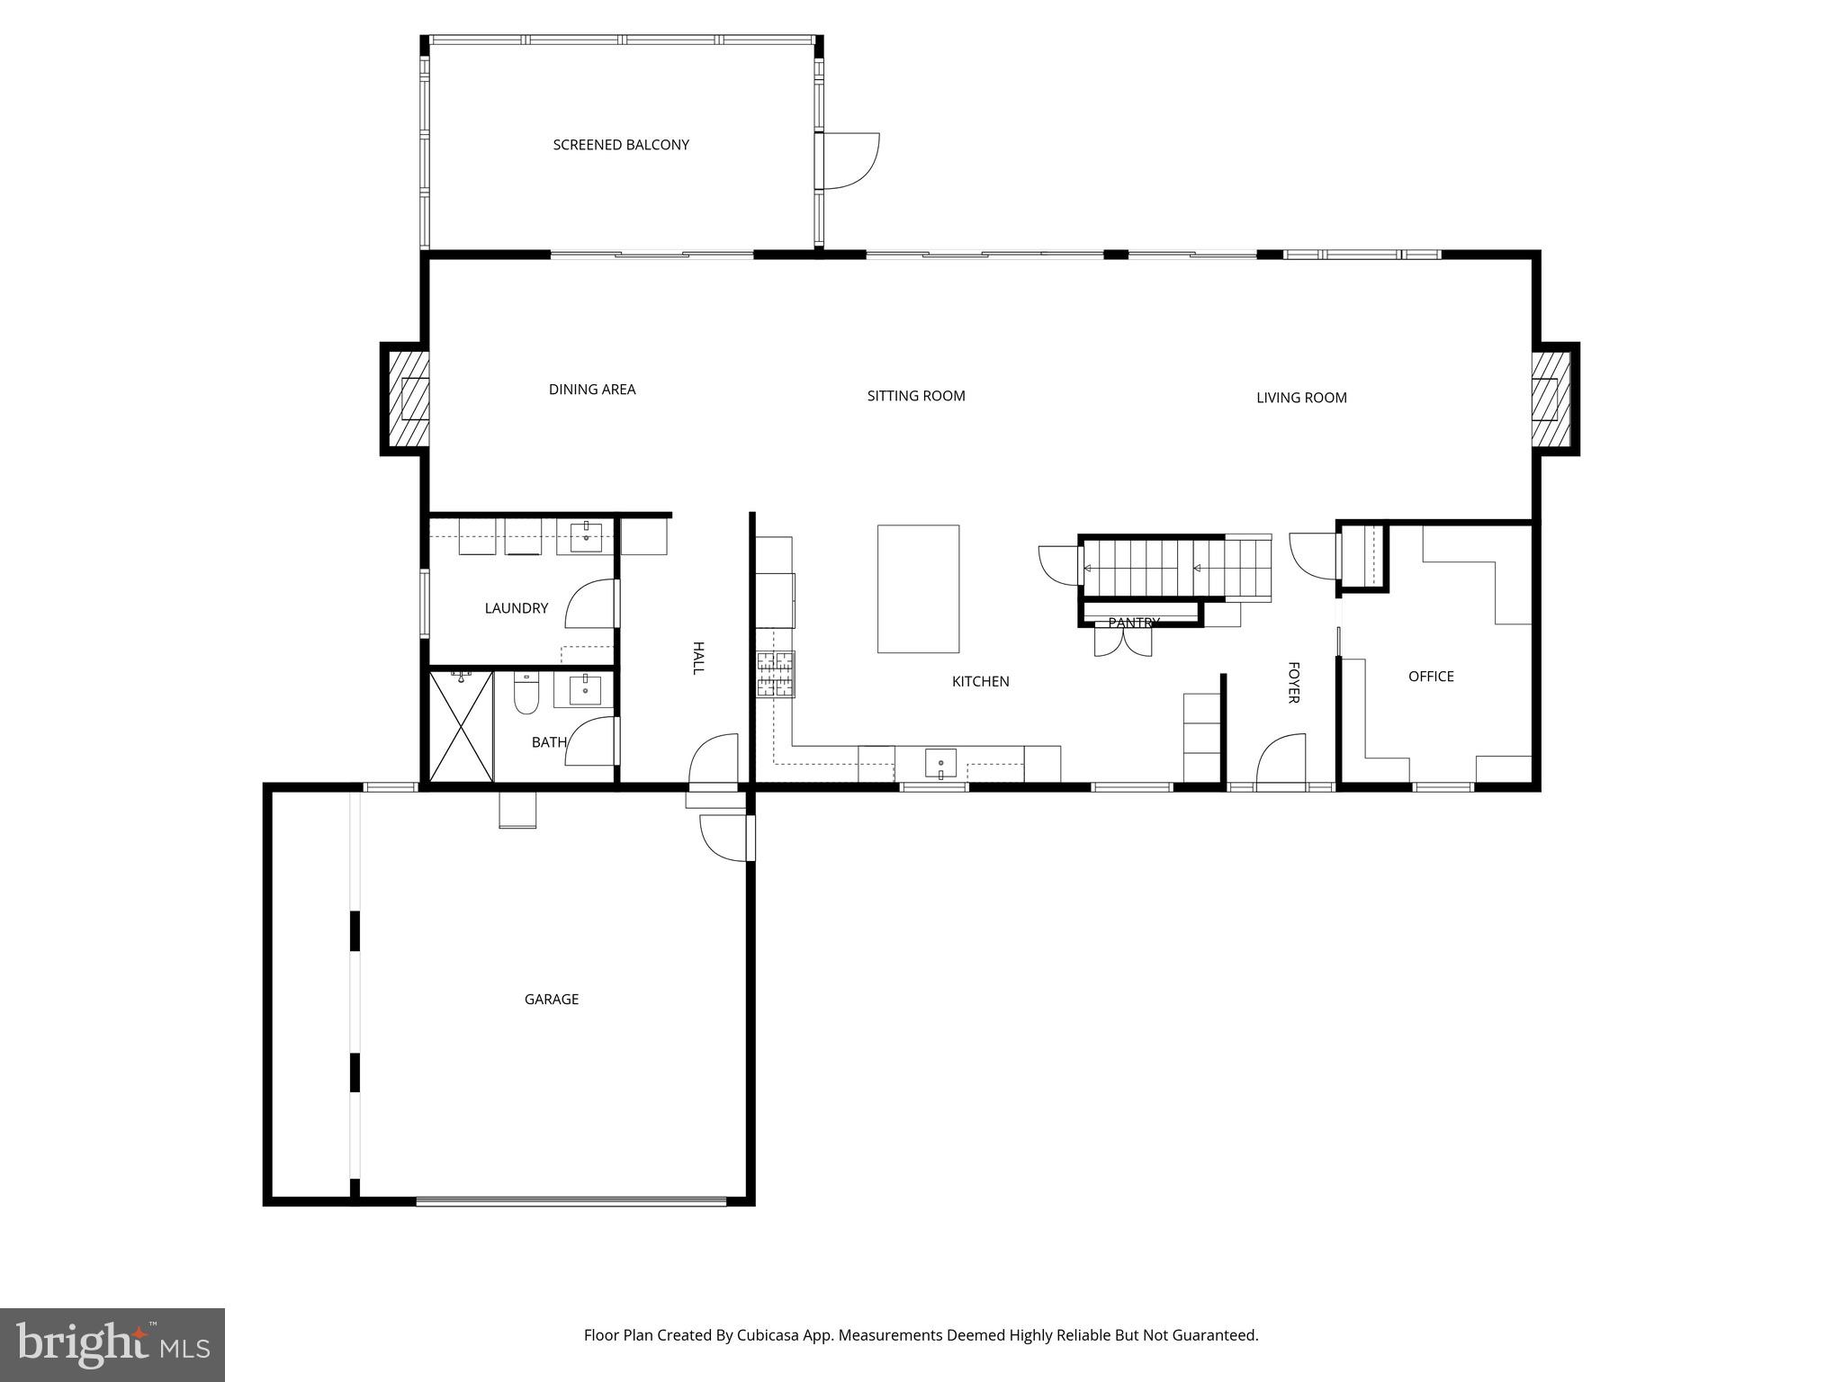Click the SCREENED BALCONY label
click(x=621, y=145)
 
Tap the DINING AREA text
click(x=592, y=390)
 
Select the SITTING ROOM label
click(x=916, y=396)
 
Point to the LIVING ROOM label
click(x=1301, y=398)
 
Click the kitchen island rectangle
click(x=918, y=588)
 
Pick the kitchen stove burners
click(x=776, y=675)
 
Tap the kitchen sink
click(x=940, y=763)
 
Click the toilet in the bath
click(x=526, y=694)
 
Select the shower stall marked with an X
click(x=461, y=726)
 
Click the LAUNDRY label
click(x=516, y=608)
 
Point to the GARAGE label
click(x=551, y=999)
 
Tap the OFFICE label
click(x=1431, y=677)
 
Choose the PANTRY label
click(x=1133, y=623)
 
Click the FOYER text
click(x=1293, y=683)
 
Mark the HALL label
click(x=697, y=658)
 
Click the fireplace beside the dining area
click(x=408, y=399)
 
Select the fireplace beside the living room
click(x=1551, y=399)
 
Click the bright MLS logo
click(x=112, y=1344)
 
